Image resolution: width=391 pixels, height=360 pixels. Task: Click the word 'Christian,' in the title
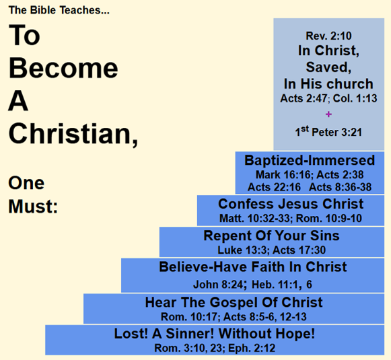click(x=73, y=133)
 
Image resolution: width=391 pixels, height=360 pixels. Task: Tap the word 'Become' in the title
click(x=63, y=69)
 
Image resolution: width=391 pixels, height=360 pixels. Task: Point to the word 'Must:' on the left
click(x=32, y=206)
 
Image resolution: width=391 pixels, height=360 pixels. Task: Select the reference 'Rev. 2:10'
click(x=328, y=36)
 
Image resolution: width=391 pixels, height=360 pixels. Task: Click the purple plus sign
click(x=328, y=114)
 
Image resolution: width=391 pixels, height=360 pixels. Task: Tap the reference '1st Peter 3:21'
click(x=328, y=132)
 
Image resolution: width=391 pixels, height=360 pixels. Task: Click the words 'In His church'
click(x=328, y=84)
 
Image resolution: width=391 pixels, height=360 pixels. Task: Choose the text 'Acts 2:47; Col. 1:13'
click(x=328, y=99)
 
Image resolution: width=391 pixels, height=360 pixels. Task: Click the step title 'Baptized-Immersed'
click(x=310, y=161)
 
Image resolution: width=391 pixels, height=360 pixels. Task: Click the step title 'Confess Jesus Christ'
click(x=291, y=204)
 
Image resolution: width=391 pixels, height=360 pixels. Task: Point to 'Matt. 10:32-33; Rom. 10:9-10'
click(x=291, y=219)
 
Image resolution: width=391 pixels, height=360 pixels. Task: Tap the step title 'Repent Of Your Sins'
click(x=271, y=236)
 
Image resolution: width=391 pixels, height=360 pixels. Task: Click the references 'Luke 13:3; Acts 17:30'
click(x=271, y=250)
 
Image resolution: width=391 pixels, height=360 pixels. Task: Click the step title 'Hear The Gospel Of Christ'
click(x=234, y=302)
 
